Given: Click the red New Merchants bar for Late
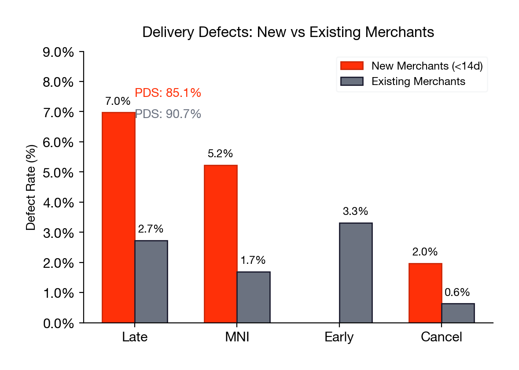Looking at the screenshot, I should click(118, 218).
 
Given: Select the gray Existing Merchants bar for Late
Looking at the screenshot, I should click(151, 281).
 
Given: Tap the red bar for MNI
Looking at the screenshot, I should click(221, 244).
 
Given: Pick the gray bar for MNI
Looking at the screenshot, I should click(254, 297).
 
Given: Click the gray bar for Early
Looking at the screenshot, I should click(356, 273).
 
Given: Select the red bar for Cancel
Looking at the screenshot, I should click(425, 293).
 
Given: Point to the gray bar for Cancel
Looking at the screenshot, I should click(458, 313).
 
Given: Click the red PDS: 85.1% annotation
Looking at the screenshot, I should click(168, 93).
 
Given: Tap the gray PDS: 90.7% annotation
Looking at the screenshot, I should click(168, 115).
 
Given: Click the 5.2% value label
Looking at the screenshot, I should click(220, 154).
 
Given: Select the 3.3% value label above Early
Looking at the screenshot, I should click(355, 211).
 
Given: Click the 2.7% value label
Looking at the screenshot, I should click(151, 229).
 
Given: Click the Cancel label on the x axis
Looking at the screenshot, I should click(442, 337).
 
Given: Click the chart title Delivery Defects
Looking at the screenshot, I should click(288, 33).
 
